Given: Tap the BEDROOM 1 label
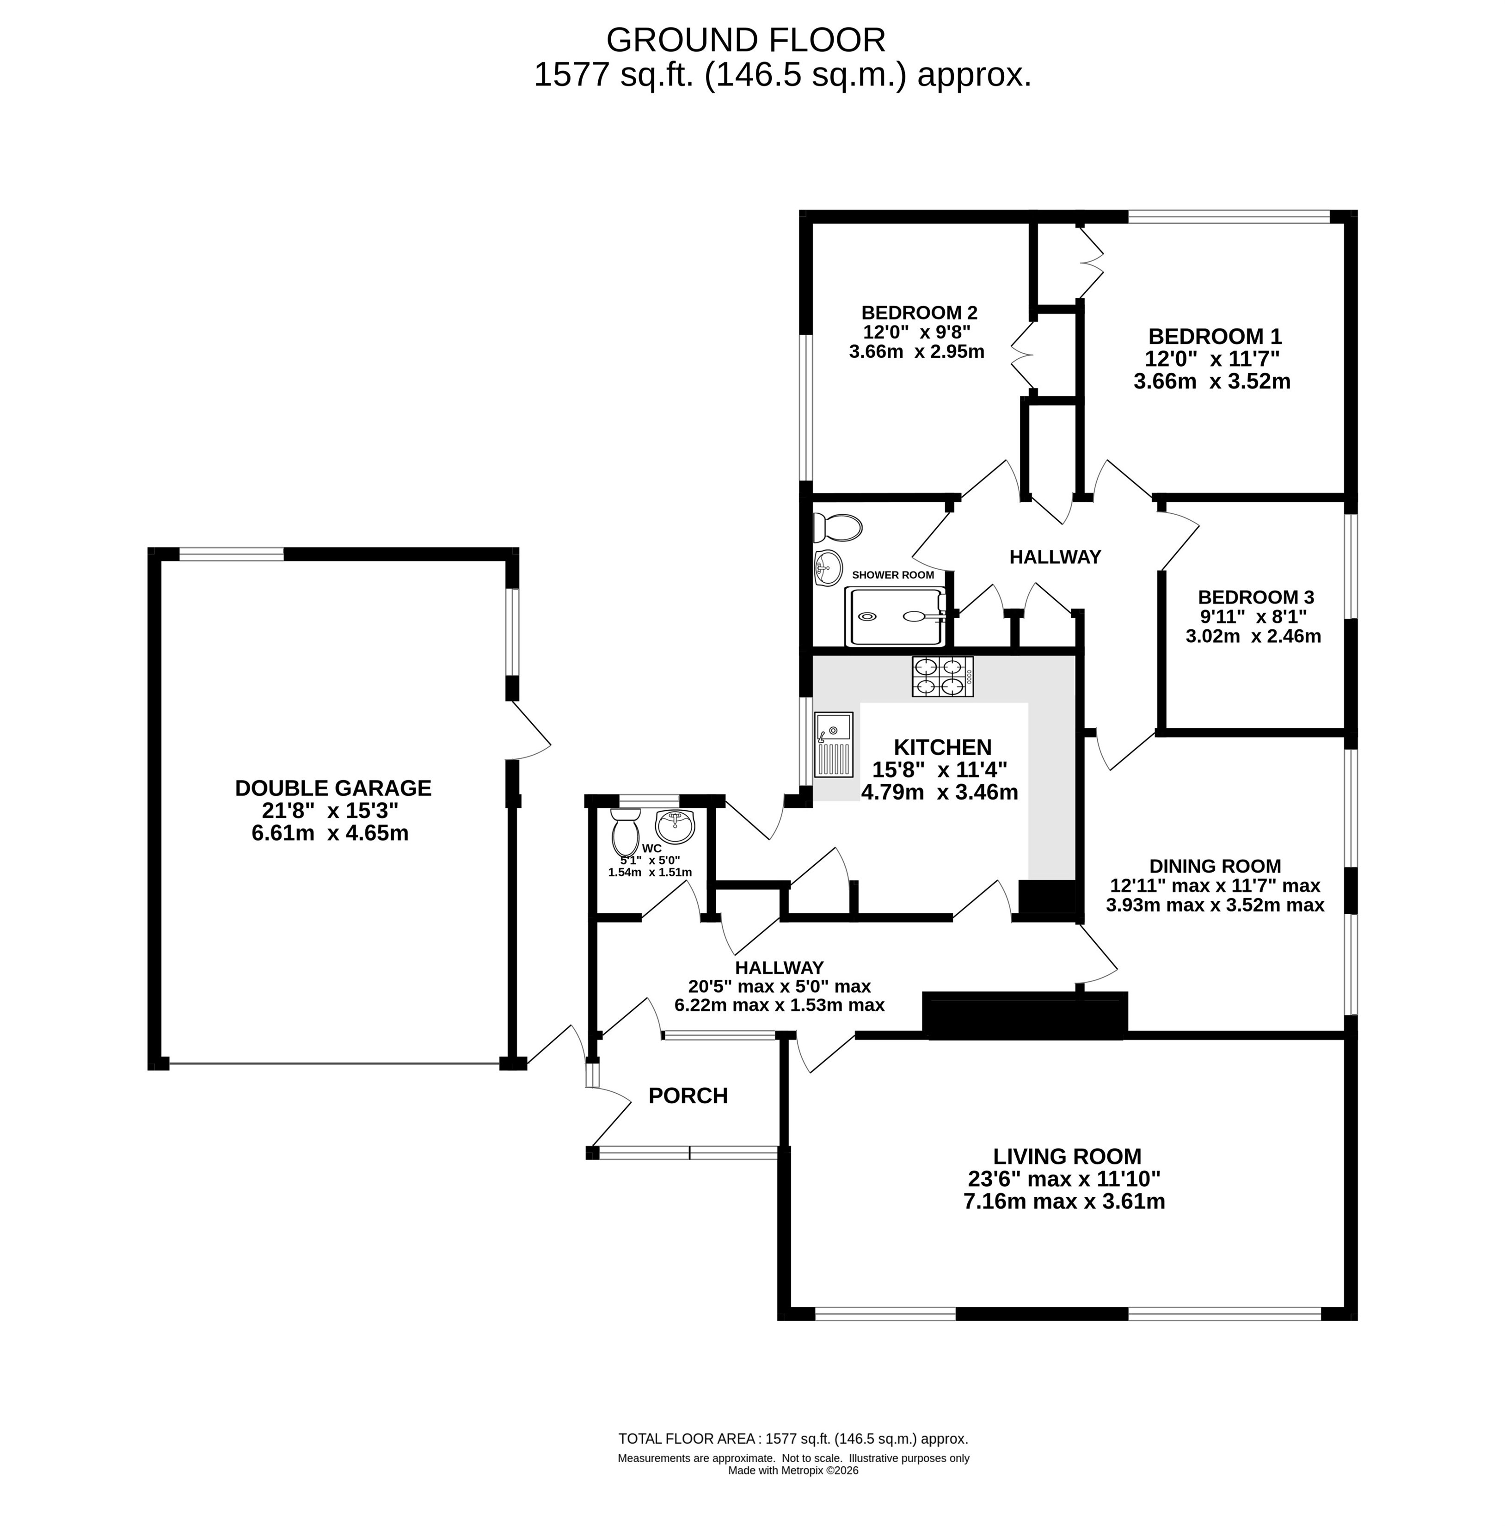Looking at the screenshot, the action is (1215, 337).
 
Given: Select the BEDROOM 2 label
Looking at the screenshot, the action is (919, 313).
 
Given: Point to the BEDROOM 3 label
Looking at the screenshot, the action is (1255, 597).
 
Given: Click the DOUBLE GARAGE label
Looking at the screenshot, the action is (333, 788).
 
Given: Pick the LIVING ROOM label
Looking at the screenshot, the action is (1067, 1157).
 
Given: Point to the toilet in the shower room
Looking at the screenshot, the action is (838, 527).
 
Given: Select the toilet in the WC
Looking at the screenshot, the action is (626, 829).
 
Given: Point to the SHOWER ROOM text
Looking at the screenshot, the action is (892, 575).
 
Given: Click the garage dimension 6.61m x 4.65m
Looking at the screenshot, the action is (330, 832).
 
